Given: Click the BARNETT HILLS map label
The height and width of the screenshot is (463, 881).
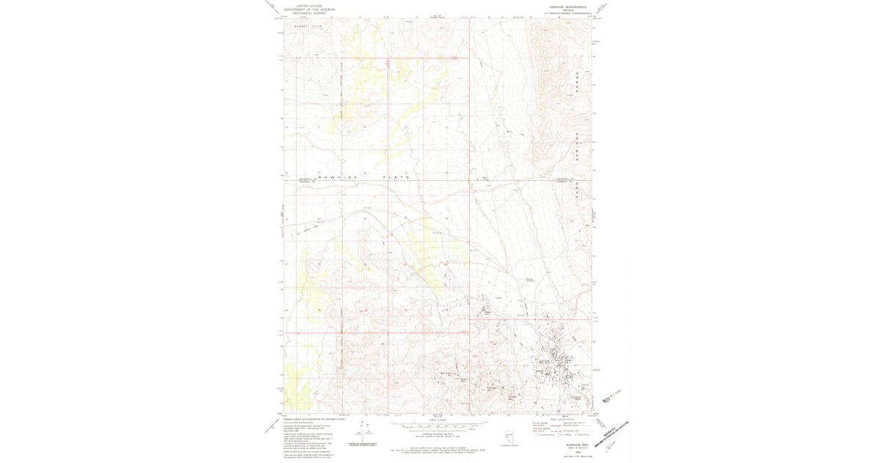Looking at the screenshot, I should [x=309, y=25].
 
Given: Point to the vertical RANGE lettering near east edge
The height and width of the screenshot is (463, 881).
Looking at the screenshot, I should [x=578, y=81].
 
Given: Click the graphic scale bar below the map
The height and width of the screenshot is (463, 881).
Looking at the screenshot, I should [x=439, y=425].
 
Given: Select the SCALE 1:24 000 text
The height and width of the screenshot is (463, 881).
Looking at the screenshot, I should [x=439, y=419].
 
